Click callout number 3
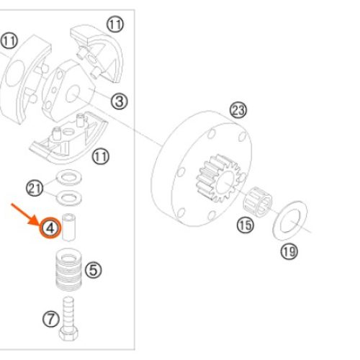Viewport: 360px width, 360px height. pyautogui.click(x=120, y=101)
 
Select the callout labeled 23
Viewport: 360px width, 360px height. pyautogui.click(x=238, y=110)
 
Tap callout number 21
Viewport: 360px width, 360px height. pyautogui.click(x=35, y=188)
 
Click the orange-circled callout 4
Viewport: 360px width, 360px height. pyautogui.click(x=50, y=228)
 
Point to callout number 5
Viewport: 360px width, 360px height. pyautogui.click(x=94, y=270)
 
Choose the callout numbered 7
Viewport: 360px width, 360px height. pyautogui.click(x=51, y=319)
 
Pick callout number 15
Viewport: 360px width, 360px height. pyautogui.click(x=246, y=225)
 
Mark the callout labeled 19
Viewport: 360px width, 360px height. pyautogui.click(x=289, y=251)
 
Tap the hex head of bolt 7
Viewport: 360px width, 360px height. pyautogui.click(x=68, y=333)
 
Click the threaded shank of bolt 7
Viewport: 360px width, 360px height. pyautogui.click(x=68, y=312)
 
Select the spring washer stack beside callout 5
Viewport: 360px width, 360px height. pyautogui.click(x=69, y=269)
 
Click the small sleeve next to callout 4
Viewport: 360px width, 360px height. pyautogui.click(x=69, y=227)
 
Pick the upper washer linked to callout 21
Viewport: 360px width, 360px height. pyautogui.click(x=68, y=177)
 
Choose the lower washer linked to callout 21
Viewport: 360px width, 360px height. pyautogui.click(x=68, y=198)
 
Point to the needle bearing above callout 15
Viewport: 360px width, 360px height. pyautogui.click(x=258, y=202)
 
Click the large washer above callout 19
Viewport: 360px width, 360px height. pyautogui.click(x=290, y=220)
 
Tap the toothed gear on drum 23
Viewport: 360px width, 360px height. pyautogui.click(x=220, y=178)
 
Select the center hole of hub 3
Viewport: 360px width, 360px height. pyautogui.click(x=73, y=94)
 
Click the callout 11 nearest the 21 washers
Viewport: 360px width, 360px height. pyautogui.click(x=101, y=156)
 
